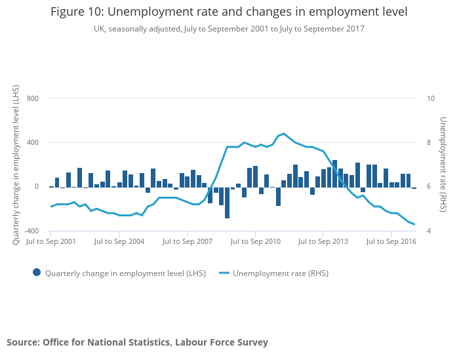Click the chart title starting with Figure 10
[229, 12]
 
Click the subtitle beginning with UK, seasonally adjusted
[229, 29]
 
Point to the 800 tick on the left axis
[33, 98]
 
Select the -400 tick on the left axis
[31, 231]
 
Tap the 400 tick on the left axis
[33, 142]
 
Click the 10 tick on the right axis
[431, 98]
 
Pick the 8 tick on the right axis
[429, 142]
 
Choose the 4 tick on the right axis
[429, 231]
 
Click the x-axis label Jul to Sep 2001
[50, 241]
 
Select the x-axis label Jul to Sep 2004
[119, 241]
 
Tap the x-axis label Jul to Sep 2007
[187, 241]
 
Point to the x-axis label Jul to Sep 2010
[255, 241]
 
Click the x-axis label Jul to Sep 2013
[323, 241]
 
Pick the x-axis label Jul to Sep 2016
[391, 241]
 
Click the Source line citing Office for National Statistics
[137, 342]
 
